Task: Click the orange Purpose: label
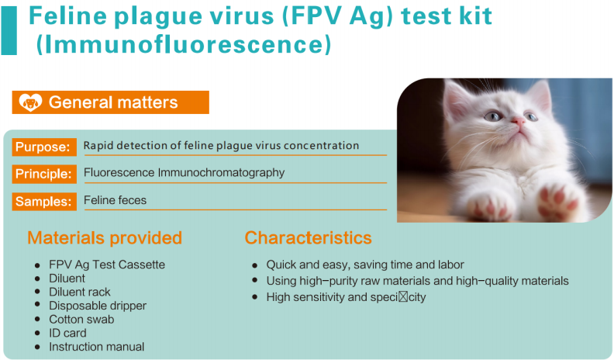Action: pyautogui.click(x=44, y=147)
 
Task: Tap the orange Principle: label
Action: pyautogui.click(x=44, y=174)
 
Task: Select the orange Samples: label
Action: pyautogui.click(x=44, y=202)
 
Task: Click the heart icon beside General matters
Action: pyautogui.click(x=30, y=102)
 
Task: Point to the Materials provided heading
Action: pyautogui.click(x=105, y=237)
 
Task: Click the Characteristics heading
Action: pyautogui.click(x=309, y=237)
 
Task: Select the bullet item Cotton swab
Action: pyautogui.click(x=81, y=319)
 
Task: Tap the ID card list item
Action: pyautogui.click(x=67, y=333)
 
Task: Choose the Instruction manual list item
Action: pyautogui.click(x=97, y=347)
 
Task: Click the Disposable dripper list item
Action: pyautogui.click(x=98, y=306)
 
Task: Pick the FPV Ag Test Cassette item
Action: pyautogui.click(x=107, y=265)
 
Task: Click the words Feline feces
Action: pyautogui.click(x=115, y=200)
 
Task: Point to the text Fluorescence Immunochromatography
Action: pyautogui.click(x=184, y=173)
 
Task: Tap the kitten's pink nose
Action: pyautogui.click(x=518, y=121)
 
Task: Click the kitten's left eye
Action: pyautogui.click(x=492, y=116)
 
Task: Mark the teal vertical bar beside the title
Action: pyautogui.click(x=9, y=30)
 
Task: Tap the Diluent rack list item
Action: pyautogui.click(x=80, y=292)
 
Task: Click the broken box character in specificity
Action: pyautogui.click(x=403, y=297)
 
